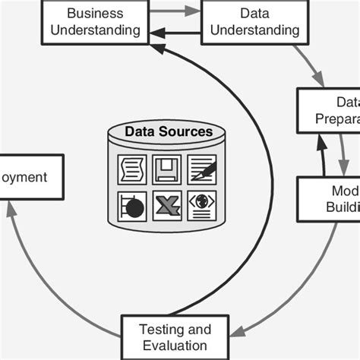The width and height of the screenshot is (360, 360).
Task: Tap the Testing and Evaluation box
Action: coord(175,337)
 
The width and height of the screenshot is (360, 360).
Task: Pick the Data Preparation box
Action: coord(328,110)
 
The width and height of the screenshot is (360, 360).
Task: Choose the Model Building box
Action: coord(329,199)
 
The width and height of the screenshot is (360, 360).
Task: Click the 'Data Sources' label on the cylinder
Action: coord(169,132)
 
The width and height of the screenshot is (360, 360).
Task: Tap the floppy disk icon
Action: coord(166,169)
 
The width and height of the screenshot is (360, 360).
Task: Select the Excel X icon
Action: coord(166,205)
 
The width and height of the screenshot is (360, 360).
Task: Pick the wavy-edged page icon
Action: coord(132,169)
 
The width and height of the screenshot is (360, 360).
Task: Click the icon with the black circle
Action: coord(132,205)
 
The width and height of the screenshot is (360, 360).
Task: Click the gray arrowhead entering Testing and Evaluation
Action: coord(238,331)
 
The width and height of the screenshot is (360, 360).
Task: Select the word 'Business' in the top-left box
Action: coord(96,13)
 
